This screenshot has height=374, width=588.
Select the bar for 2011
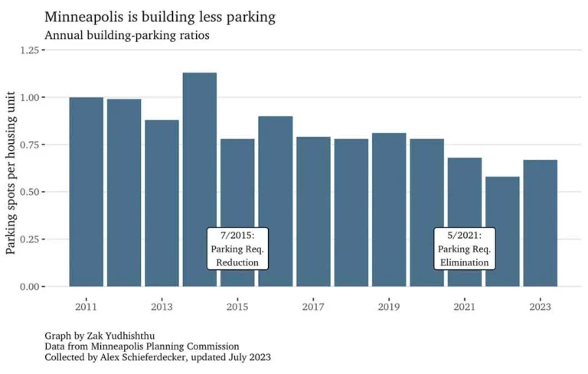click(x=86, y=191)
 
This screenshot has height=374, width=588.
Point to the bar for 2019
click(x=389, y=210)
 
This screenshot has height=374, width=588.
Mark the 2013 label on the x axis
click(x=162, y=307)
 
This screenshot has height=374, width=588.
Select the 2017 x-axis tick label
click(x=313, y=307)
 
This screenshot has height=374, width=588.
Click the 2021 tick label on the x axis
click(x=465, y=307)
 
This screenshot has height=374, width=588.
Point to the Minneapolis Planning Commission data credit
click(x=168, y=346)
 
